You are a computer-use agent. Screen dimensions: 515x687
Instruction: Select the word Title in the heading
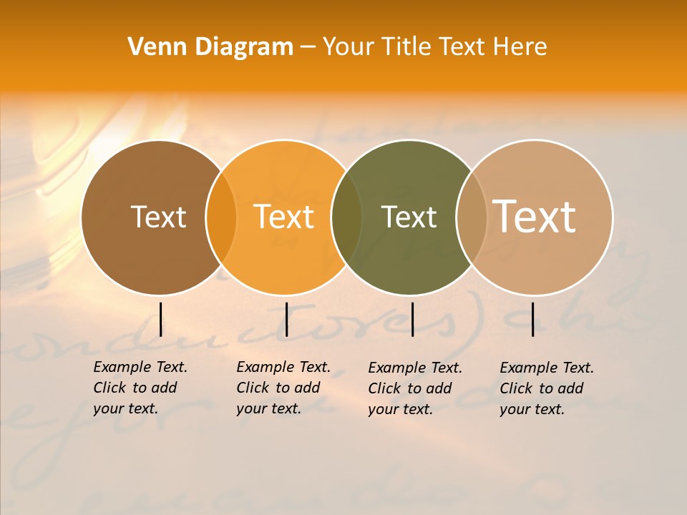point(405,47)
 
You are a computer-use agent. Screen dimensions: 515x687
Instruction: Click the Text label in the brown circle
point(159,217)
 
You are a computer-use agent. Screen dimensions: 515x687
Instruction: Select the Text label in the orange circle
point(284,217)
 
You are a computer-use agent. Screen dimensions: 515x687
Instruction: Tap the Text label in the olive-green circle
point(409,217)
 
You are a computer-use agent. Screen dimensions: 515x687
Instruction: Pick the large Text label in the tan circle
point(535,217)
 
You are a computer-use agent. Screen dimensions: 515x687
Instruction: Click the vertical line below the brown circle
point(160,319)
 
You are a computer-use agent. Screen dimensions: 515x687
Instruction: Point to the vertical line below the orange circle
point(286,319)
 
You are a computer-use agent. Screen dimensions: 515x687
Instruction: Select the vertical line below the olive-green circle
point(412,319)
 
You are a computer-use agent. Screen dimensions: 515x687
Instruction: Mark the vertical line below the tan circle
point(532,319)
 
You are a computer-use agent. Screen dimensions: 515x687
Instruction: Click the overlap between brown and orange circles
point(221,217)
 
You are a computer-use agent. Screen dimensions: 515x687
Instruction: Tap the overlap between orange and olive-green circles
point(346,217)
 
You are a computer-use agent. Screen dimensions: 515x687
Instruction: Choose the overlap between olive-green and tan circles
point(472,217)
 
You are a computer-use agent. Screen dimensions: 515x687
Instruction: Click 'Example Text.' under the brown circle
point(140,368)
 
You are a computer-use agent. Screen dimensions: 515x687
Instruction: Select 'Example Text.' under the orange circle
point(283,368)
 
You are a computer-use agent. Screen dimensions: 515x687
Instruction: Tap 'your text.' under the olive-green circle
point(401,410)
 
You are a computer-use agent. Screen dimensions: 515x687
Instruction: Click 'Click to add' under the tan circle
point(542,388)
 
